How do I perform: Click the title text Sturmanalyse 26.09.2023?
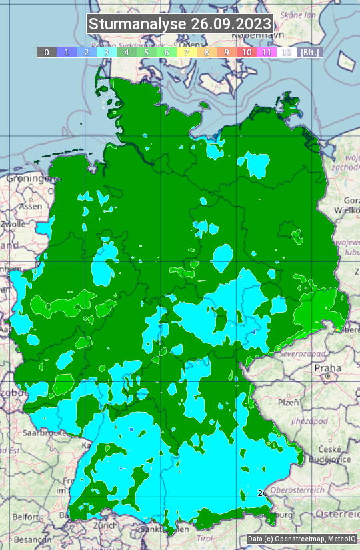(x=180, y=24)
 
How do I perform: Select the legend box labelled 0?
(x=46, y=52)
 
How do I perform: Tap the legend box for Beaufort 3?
(x=107, y=52)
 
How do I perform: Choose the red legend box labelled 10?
(x=247, y=52)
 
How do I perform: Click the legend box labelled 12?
(x=287, y=52)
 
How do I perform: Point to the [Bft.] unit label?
(x=310, y=52)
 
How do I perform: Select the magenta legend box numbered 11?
(x=267, y=52)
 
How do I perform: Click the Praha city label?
(x=328, y=367)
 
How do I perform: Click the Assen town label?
(x=30, y=207)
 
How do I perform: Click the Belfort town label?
(x=25, y=517)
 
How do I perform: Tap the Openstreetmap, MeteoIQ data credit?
(x=301, y=539)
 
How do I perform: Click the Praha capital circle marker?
(x=328, y=377)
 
